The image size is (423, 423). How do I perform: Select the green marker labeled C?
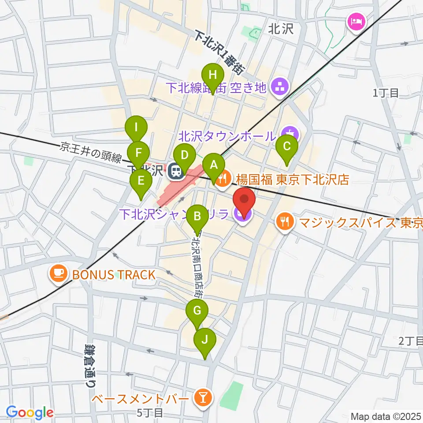(286, 146)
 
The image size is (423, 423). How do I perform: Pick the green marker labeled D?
(185, 155)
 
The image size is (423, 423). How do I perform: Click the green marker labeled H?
(213, 74)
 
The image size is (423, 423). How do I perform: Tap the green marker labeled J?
(204, 340)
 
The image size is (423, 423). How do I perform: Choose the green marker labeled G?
(197, 311)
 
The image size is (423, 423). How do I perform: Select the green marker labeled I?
(136, 128)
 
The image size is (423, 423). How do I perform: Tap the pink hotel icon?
(355, 20)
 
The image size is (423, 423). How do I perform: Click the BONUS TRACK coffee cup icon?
(58, 275)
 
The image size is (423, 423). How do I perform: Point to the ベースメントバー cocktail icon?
(204, 399)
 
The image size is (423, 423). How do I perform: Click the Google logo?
(30, 412)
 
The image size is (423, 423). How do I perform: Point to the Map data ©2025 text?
(386, 416)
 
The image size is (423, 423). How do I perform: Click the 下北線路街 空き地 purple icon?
(279, 87)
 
